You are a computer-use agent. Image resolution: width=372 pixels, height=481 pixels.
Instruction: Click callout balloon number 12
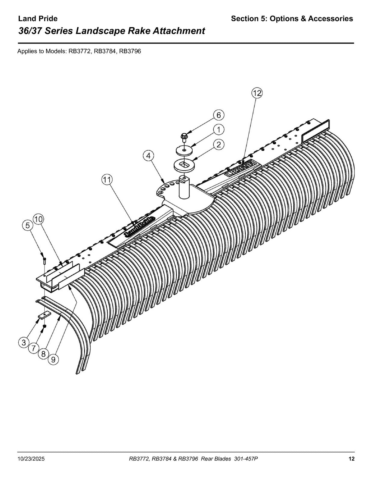257,93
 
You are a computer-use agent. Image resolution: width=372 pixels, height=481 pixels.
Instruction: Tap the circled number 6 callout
219,115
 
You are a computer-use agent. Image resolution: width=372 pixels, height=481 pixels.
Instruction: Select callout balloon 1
219,130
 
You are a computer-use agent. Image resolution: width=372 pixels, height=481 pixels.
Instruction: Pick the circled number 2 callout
219,145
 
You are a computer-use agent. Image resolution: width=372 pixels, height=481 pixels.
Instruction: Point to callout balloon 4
148,156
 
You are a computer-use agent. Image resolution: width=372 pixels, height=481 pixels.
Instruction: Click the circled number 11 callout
107,180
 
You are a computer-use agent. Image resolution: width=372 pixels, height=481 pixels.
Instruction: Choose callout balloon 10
38,219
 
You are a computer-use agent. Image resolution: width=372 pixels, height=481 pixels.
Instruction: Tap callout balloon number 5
27,225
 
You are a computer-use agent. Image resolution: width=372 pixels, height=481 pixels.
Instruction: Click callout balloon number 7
33,348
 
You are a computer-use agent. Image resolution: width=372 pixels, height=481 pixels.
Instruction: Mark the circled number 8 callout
43,354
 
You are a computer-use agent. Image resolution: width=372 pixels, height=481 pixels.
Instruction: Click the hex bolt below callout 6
184,137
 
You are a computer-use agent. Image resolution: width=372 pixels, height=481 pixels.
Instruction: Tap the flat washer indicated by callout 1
184,150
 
